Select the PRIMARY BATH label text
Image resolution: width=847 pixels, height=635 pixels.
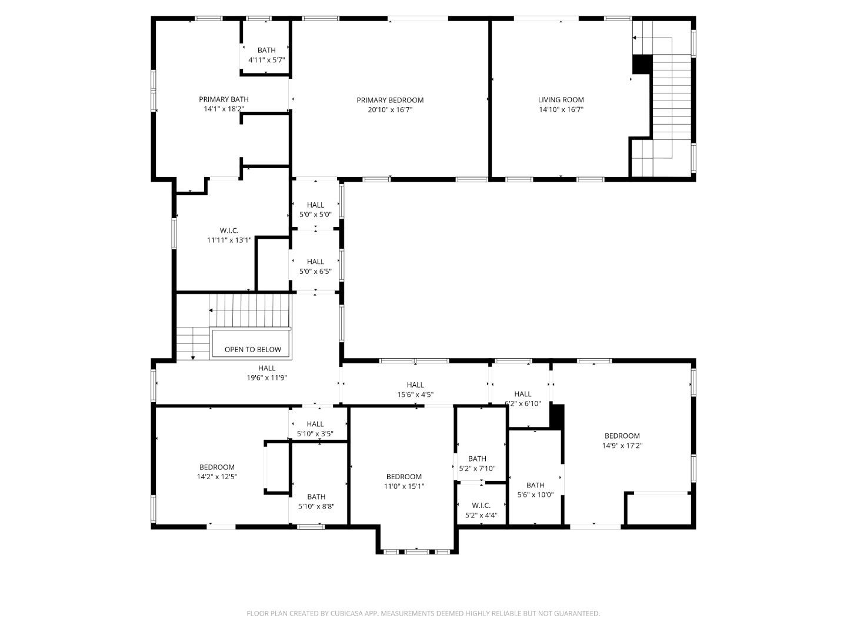point(224,99)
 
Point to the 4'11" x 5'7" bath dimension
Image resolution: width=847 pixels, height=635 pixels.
point(266,60)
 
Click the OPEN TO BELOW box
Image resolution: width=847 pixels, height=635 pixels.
point(252,349)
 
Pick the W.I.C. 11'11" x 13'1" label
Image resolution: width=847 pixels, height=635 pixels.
point(229,235)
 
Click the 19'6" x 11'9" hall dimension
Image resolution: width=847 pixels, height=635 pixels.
point(266,378)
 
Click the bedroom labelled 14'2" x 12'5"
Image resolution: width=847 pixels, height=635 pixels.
point(216,472)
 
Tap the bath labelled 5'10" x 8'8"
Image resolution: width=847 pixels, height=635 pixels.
point(316,502)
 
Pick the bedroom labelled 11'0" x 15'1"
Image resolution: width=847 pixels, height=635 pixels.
point(404,482)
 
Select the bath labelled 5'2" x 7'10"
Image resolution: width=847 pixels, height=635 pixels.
point(477,464)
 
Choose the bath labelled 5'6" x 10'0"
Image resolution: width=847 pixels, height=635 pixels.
point(535,490)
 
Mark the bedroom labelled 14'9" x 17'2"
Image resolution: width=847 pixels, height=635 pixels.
point(622,440)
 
